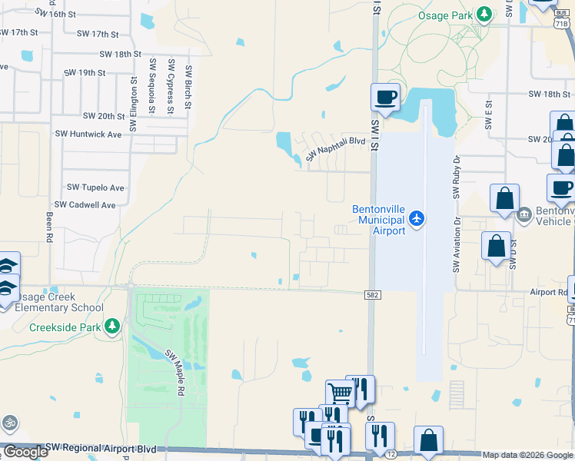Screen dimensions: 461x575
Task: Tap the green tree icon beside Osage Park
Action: pyautogui.click(x=484, y=14)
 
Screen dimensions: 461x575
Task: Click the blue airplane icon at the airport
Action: pyautogui.click(x=417, y=219)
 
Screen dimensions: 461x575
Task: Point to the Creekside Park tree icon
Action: pyautogui.click(x=113, y=327)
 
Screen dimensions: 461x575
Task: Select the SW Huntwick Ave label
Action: pyautogui.click(x=88, y=134)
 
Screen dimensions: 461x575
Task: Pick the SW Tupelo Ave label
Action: pyautogui.click(x=95, y=187)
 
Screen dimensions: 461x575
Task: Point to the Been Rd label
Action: pyautogui.click(x=48, y=226)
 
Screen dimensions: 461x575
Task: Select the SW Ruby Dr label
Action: pyautogui.click(x=456, y=178)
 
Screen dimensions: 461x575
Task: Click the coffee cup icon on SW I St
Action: pyautogui.click(x=386, y=97)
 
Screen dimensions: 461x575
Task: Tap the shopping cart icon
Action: pyautogui.click(x=339, y=393)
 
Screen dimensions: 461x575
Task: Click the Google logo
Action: pyautogui.click(x=25, y=452)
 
